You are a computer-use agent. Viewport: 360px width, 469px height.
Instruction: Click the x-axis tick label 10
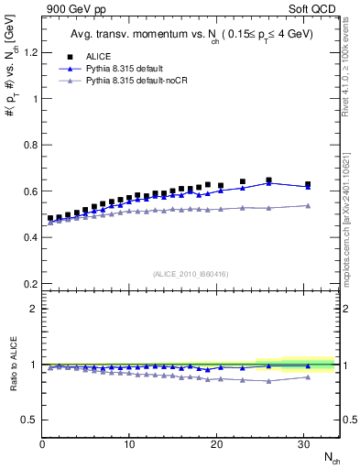[x=129, y=443]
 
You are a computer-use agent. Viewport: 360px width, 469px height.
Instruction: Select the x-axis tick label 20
[x=216, y=443]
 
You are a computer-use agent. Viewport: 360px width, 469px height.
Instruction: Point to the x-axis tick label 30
[x=303, y=443]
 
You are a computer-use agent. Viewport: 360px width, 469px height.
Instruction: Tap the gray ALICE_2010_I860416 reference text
[x=191, y=273]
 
